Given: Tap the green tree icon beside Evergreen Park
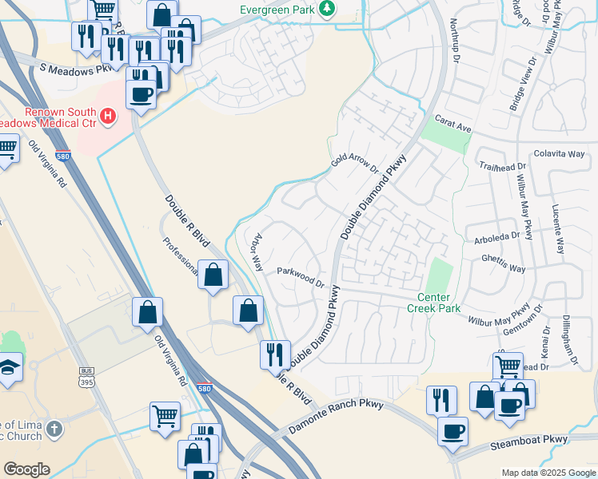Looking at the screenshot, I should [326, 10].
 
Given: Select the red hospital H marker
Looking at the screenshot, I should [108, 118].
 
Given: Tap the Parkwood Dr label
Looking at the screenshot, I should [300, 276].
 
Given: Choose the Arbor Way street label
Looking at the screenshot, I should [256, 253].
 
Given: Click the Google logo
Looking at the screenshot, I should [26, 469].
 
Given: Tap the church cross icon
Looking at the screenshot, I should [54, 430].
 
